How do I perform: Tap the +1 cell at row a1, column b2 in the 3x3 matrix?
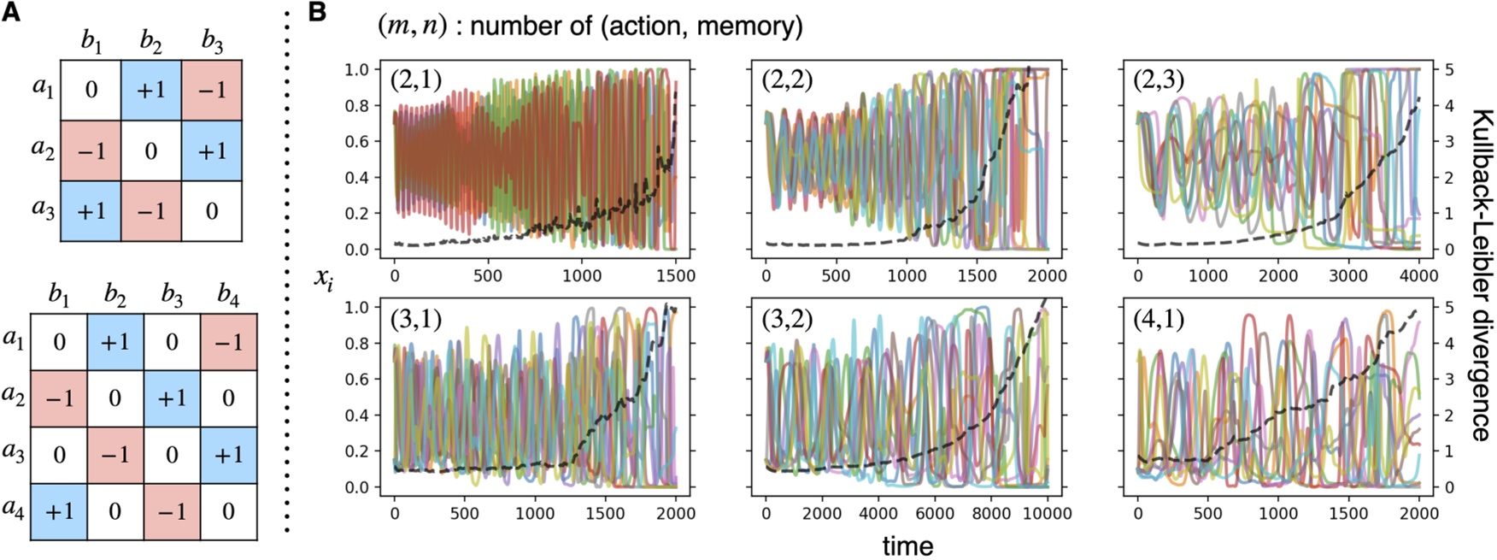[151, 90]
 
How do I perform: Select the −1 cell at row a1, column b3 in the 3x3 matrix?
[212, 90]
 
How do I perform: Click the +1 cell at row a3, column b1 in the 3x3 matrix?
[91, 210]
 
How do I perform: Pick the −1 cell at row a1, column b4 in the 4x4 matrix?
[228, 341]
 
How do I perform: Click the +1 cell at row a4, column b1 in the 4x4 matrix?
[59, 511]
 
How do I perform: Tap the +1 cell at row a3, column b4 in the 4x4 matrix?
[228, 455]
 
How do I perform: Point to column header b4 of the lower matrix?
[228, 295]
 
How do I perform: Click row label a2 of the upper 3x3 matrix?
[43, 150]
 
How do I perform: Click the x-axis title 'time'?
[907, 545]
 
